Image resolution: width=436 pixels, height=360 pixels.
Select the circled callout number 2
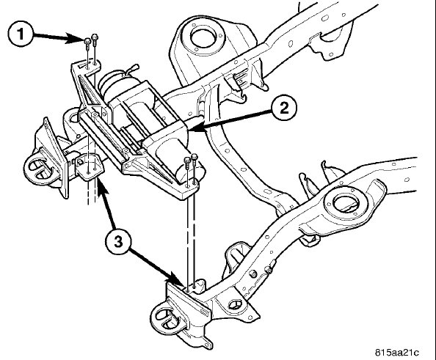pos(284,108)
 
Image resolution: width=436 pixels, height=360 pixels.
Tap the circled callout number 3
pos(118,242)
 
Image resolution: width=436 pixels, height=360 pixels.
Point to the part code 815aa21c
pos(397,353)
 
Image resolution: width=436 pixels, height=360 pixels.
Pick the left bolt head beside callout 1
pos(87,42)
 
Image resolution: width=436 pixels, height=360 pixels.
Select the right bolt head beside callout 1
pos(95,37)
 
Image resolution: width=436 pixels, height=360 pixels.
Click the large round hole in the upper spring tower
pos(203,37)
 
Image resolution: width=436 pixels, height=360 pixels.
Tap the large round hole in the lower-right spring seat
pos(347,204)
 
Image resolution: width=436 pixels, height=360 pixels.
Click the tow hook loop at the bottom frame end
pos(165,317)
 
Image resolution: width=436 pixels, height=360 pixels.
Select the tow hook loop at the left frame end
pos(38,169)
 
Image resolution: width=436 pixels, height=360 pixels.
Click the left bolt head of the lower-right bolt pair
pos(187,161)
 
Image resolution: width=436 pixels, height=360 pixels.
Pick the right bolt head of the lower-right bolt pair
pos(195,157)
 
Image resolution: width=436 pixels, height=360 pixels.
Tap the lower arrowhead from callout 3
pos(178,282)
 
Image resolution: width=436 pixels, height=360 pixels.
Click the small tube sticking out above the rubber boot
pos(132,69)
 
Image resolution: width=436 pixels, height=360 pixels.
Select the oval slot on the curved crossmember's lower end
pos(268,191)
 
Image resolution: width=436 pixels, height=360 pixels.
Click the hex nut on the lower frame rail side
pos(253,274)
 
